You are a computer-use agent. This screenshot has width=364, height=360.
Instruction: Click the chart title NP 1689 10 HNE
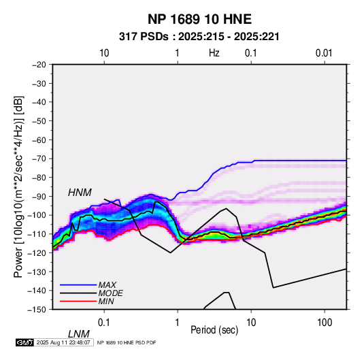coord(199,19)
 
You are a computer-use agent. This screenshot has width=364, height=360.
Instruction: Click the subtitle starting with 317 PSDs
coord(199,37)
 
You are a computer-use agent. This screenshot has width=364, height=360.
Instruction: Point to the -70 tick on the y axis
coord(39,159)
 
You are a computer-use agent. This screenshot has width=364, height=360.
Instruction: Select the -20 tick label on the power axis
coord(39,65)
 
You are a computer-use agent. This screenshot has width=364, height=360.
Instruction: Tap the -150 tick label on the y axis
coord(38,310)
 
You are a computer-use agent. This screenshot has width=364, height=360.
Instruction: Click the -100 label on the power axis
coord(38,215)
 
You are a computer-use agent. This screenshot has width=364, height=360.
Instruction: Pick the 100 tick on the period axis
coord(325,323)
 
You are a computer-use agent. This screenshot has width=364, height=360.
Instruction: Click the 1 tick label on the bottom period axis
coord(178,323)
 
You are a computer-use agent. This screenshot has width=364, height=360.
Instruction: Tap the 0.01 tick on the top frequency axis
coord(324,53)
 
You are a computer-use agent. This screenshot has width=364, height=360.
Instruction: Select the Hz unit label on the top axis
coord(214,53)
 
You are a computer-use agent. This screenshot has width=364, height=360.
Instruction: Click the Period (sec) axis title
coord(214,330)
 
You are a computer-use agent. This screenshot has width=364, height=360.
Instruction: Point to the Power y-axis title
coord(18,186)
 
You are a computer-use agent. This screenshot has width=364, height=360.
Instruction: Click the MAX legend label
coord(107,285)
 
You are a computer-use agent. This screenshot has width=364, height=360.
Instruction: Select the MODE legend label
coord(110,293)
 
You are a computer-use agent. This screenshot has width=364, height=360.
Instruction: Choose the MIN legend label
coord(106,301)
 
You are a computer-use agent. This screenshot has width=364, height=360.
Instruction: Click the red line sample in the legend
coord(78,301)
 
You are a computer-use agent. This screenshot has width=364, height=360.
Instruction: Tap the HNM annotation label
coord(80,193)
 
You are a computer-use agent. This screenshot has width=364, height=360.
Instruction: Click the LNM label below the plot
coord(79,334)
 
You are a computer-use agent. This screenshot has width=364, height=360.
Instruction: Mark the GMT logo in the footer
coord(25,342)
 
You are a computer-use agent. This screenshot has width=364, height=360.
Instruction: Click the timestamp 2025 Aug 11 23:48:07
coord(63,342)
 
